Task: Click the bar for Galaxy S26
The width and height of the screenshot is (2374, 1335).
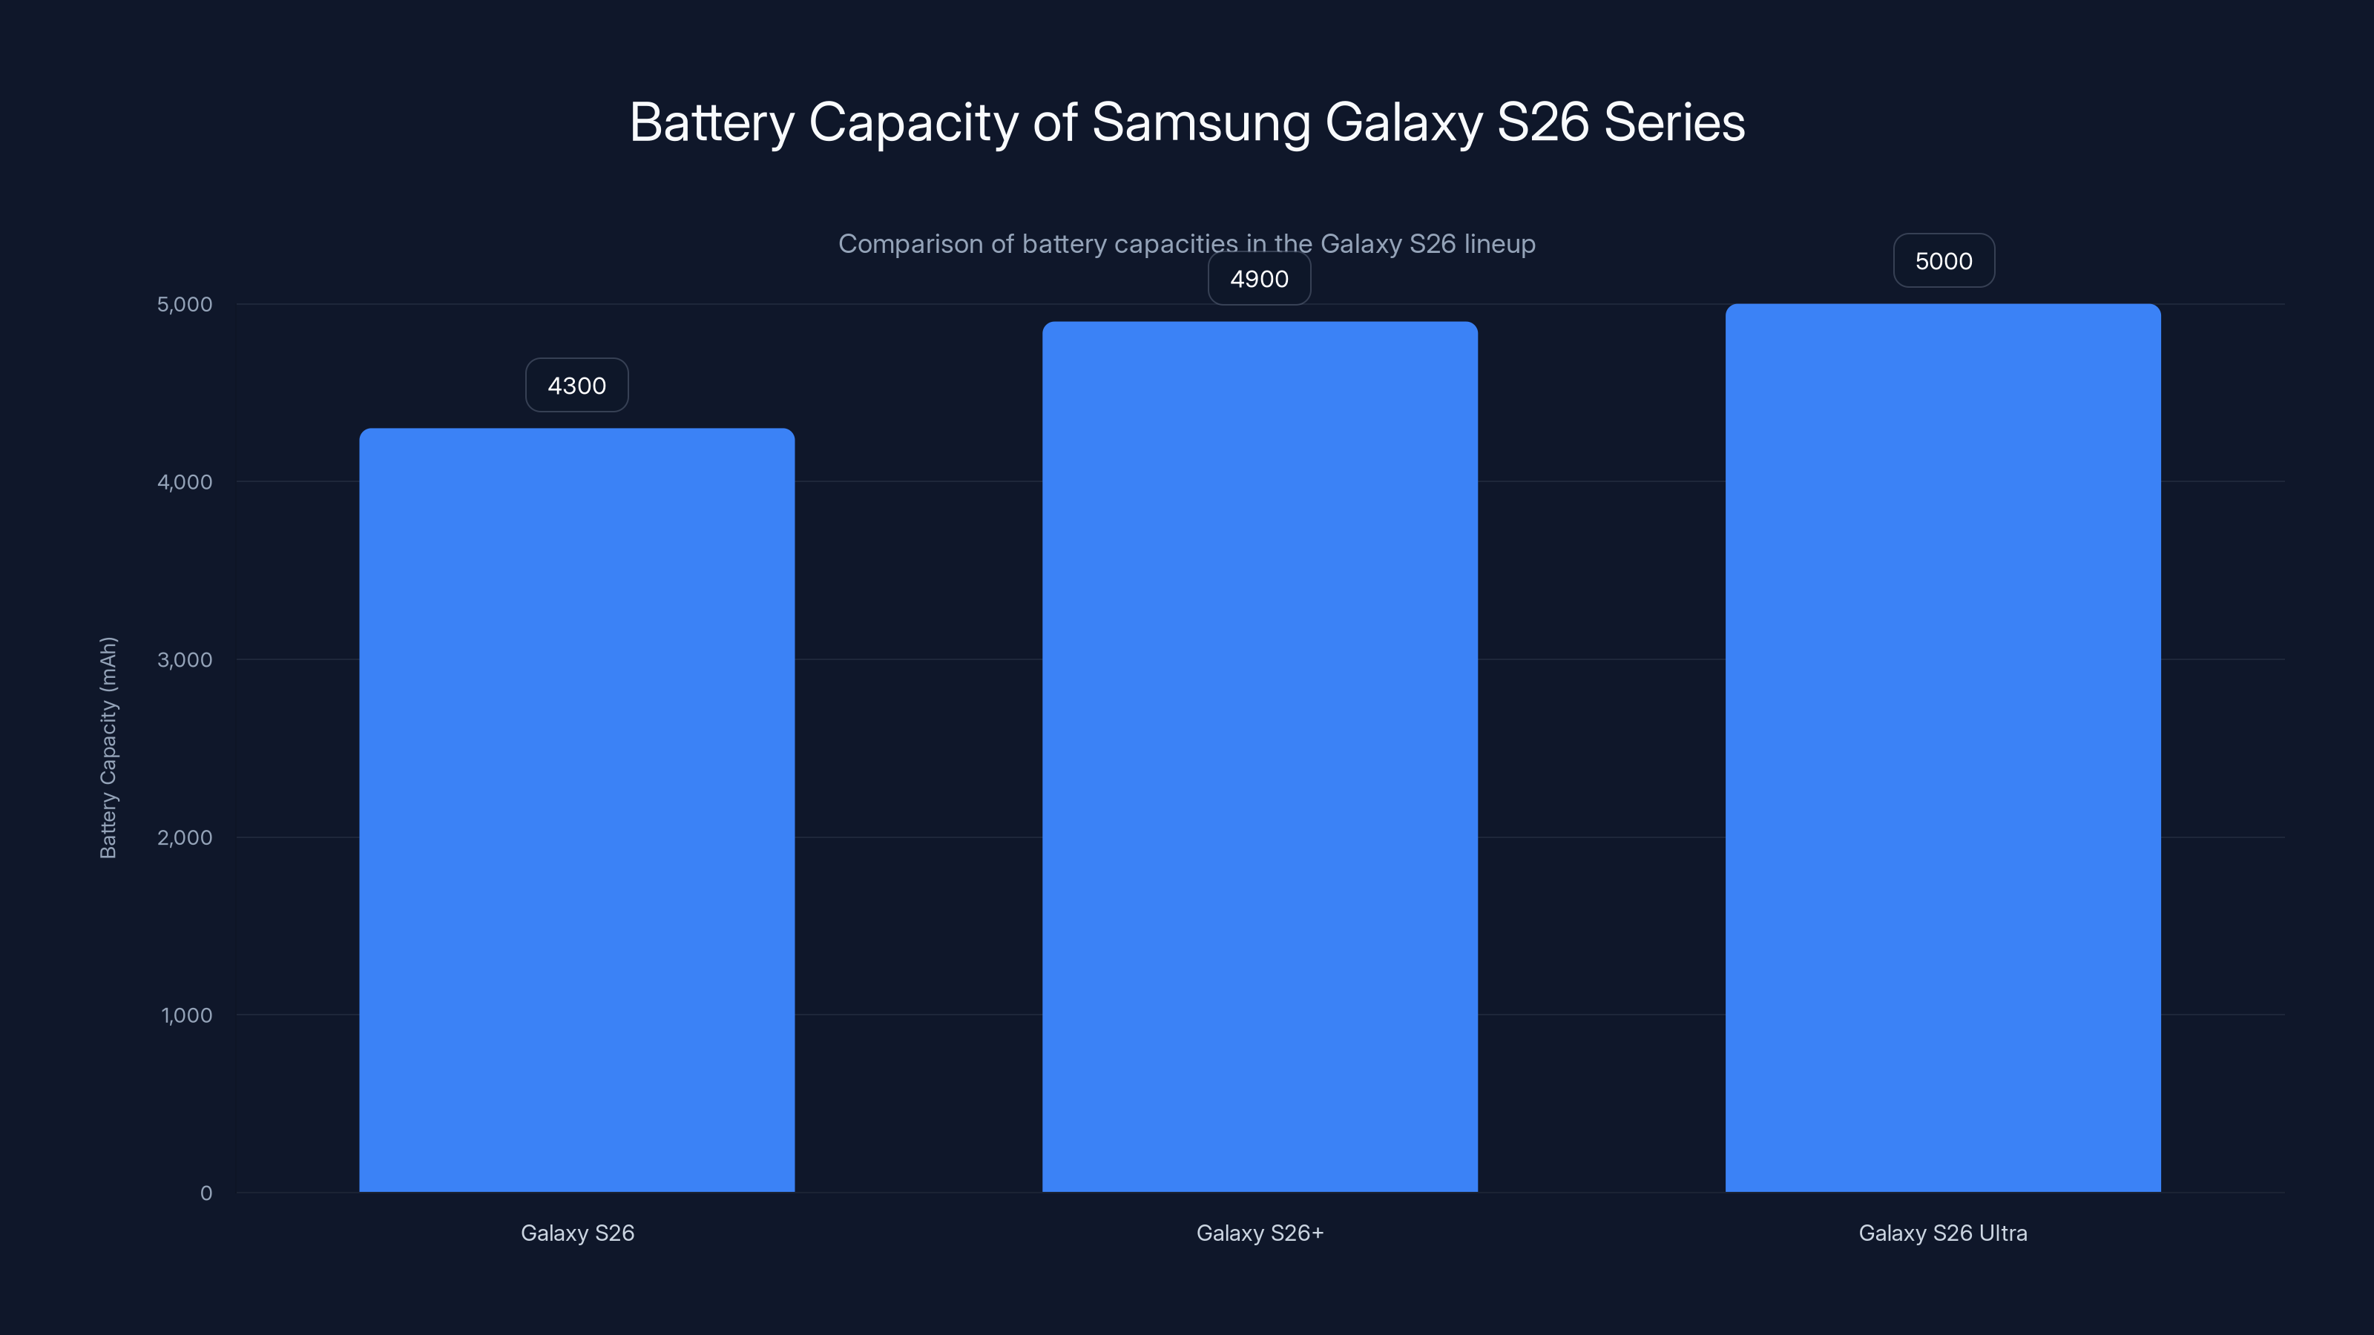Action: click(x=577, y=811)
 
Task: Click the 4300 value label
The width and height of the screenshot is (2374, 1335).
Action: click(x=577, y=385)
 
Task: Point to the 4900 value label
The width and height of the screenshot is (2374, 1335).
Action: click(x=1260, y=279)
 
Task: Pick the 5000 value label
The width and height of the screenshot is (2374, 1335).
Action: click(x=1944, y=262)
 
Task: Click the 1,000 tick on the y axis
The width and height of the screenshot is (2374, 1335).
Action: click(x=186, y=1016)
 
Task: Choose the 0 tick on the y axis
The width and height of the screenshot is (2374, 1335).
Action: click(x=206, y=1194)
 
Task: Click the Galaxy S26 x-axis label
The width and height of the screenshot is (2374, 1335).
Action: click(x=578, y=1233)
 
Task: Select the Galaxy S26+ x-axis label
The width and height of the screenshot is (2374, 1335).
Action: click(x=1260, y=1233)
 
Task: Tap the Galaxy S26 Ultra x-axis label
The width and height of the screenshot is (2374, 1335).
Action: click(x=1943, y=1233)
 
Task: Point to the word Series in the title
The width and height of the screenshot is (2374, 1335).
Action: click(x=1674, y=123)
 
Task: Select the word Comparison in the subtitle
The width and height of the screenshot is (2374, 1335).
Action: click(x=910, y=244)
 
